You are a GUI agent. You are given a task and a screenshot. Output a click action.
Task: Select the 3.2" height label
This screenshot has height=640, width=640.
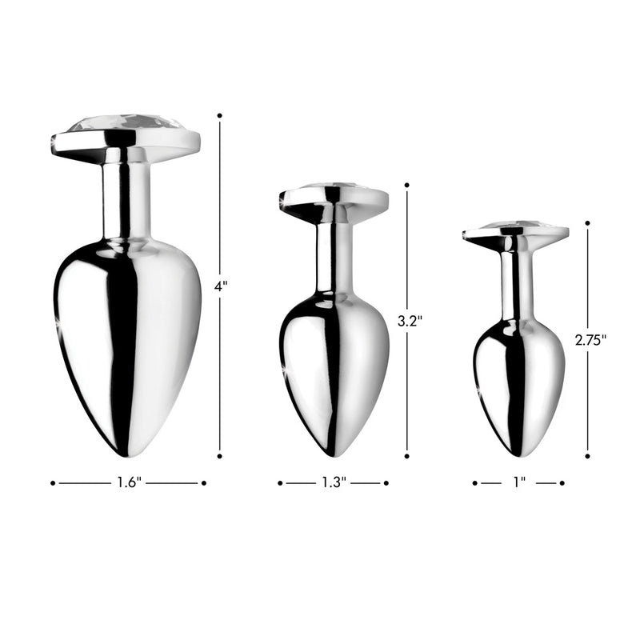click(x=409, y=322)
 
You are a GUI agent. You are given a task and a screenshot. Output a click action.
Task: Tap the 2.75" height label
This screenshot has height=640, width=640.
click(x=590, y=338)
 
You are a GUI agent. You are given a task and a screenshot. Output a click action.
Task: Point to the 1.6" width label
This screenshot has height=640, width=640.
click(x=128, y=482)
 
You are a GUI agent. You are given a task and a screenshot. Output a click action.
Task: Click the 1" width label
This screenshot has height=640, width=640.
click(x=518, y=482)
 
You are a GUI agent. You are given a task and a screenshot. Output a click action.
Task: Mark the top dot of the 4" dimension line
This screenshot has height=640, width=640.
click(x=220, y=115)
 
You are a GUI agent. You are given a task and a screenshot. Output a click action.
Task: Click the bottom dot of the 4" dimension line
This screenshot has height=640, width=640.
click(x=220, y=456)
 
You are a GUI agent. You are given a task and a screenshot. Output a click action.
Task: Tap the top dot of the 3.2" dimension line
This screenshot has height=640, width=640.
click(x=406, y=186)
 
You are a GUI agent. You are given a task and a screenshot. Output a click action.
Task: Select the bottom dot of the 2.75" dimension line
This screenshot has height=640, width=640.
click(x=587, y=456)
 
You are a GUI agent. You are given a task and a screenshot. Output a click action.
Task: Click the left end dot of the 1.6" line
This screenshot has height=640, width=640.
click(x=53, y=482)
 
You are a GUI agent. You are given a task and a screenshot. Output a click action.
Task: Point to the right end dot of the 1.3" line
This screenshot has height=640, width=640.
click(x=386, y=482)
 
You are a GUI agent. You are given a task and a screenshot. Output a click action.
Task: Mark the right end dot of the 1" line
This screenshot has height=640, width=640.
click(x=562, y=482)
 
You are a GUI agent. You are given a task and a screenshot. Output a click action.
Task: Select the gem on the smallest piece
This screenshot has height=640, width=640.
click(x=515, y=226)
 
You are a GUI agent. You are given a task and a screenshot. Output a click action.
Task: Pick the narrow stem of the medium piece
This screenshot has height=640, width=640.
click(x=334, y=256)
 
